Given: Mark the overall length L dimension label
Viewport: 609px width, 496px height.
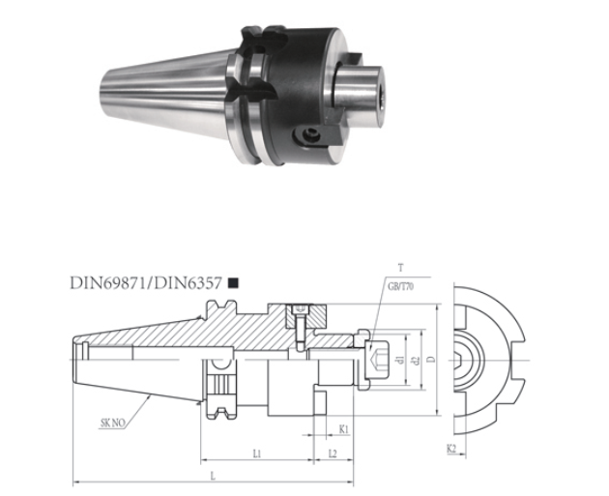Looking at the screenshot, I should click(213, 476).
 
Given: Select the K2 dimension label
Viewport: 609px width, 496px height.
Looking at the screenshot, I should click(452, 450).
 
